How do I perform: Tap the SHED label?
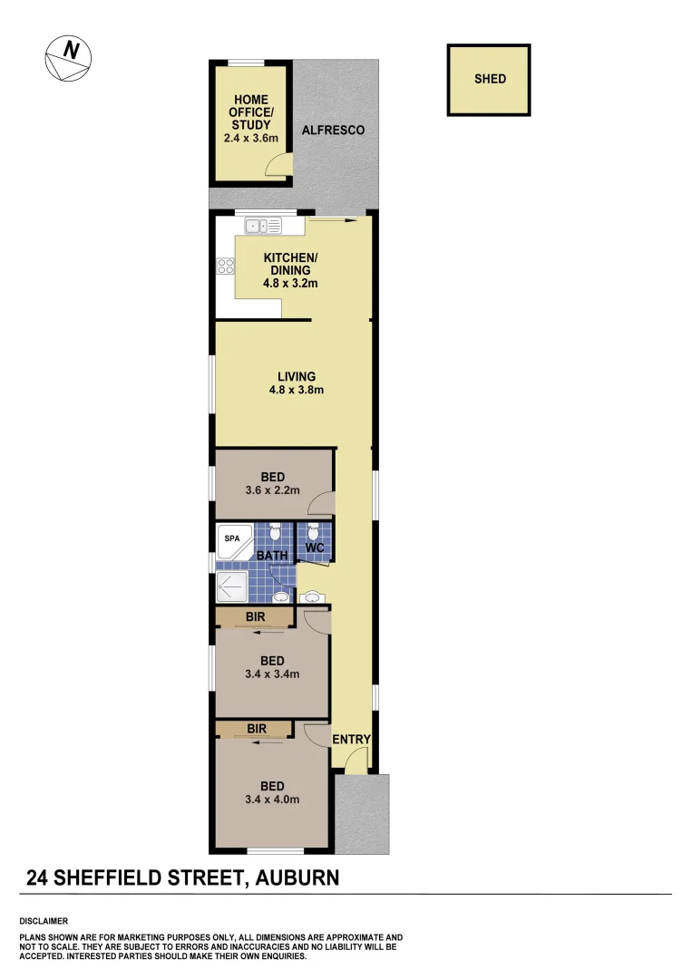490,79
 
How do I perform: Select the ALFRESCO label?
333,131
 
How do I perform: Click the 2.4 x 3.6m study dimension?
249,139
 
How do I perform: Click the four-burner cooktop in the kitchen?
225,267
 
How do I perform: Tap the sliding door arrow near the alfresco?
332,218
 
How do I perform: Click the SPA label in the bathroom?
232,537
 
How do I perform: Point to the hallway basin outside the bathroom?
312,597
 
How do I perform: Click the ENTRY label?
351,740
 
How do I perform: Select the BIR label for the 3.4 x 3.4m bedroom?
254,617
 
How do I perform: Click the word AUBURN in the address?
298,877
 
